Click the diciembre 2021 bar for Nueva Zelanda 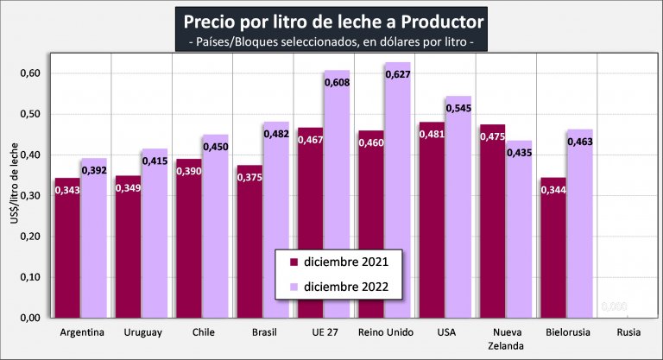coord(492,224)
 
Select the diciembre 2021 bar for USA coord(432,224)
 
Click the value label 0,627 coord(398,74)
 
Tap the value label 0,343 coord(66,191)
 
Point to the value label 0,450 coord(215,147)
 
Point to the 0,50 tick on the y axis coord(31,114)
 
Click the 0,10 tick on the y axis coord(31,277)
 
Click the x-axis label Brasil coord(263,332)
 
